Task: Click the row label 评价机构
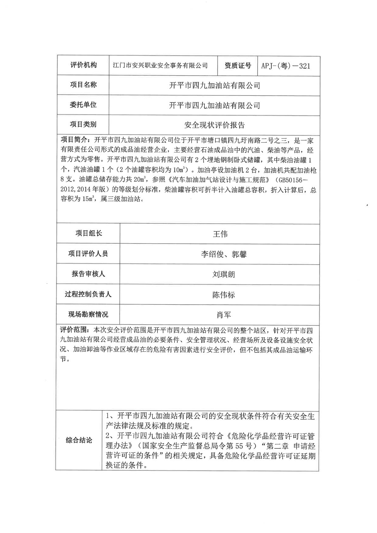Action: point(83,65)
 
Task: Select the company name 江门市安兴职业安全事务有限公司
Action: point(160,66)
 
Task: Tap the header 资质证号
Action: point(238,66)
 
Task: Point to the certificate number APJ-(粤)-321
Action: point(286,66)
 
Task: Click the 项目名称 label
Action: point(83,85)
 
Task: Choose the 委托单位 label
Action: point(83,105)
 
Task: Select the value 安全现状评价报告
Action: point(214,125)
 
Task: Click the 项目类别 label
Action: point(83,124)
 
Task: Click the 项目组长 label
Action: point(89,233)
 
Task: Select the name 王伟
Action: point(220,234)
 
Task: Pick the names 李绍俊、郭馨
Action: point(224,254)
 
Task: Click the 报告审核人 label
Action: point(88,274)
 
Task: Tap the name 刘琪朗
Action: point(224,274)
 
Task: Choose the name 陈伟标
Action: point(224,295)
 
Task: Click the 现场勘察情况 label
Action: point(88,314)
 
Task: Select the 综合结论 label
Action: point(79,440)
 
